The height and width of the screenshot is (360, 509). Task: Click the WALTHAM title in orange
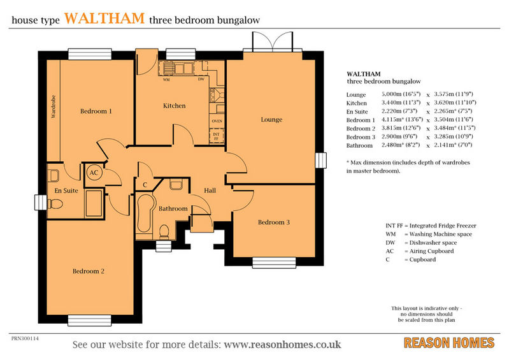tap(104, 18)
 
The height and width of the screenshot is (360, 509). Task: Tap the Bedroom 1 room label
tap(96, 112)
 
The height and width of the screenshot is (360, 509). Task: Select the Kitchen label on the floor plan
tap(175, 106)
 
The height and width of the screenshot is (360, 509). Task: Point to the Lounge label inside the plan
tap(271, 119)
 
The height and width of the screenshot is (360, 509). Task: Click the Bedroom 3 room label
tap(274, 222)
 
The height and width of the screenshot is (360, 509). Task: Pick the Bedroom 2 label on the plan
tap(89, 271)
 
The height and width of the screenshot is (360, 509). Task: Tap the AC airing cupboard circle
tap(94, 173)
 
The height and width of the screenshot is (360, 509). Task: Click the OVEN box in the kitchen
tap(217, 121)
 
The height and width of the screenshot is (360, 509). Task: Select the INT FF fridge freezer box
tap(216, 136)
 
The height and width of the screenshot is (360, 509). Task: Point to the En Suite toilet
tap(55, 204)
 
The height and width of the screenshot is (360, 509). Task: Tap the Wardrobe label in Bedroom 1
tap(54, 106)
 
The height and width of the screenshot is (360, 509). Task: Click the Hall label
tap(210, 191)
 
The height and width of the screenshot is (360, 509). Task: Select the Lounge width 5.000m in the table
tap(401, 94)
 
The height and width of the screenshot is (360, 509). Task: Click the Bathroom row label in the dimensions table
tap(359, 145)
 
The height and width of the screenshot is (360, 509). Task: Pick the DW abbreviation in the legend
tap(391, 243)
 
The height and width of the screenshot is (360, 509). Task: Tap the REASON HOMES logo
tap(449, 343)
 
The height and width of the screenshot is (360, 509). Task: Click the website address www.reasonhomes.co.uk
tap(282, 344)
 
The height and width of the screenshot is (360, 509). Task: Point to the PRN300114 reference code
tap(25, 338)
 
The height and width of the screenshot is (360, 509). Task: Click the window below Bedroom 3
tap(274, 263)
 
